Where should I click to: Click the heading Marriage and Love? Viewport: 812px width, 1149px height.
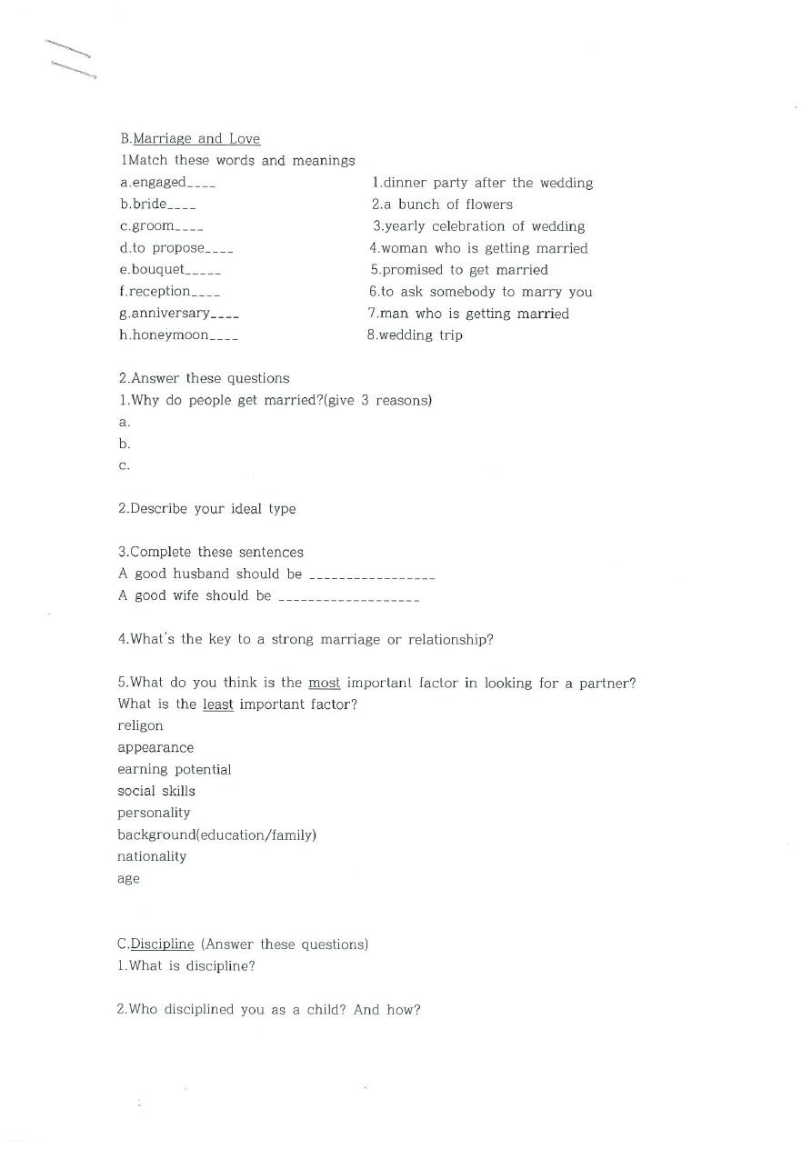[196, 139]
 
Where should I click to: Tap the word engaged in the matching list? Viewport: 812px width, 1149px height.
[159, 183]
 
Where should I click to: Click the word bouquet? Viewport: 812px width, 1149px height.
[157, 270]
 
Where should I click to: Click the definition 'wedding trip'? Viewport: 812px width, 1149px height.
[415, 335]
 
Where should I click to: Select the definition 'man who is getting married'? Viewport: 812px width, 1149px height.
[468, 314]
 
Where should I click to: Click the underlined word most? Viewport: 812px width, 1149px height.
[325, 683]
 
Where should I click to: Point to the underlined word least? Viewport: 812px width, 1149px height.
[218, 704]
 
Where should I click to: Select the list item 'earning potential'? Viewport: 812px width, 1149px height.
[175, 770]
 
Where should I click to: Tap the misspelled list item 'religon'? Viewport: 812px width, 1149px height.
[141, 726]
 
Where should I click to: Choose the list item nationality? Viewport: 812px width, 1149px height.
[152, 856]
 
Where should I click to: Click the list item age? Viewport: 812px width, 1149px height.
[129, 879]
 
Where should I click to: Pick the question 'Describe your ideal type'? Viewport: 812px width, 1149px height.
[207, 509]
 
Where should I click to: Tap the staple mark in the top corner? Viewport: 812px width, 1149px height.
[71, 58]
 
